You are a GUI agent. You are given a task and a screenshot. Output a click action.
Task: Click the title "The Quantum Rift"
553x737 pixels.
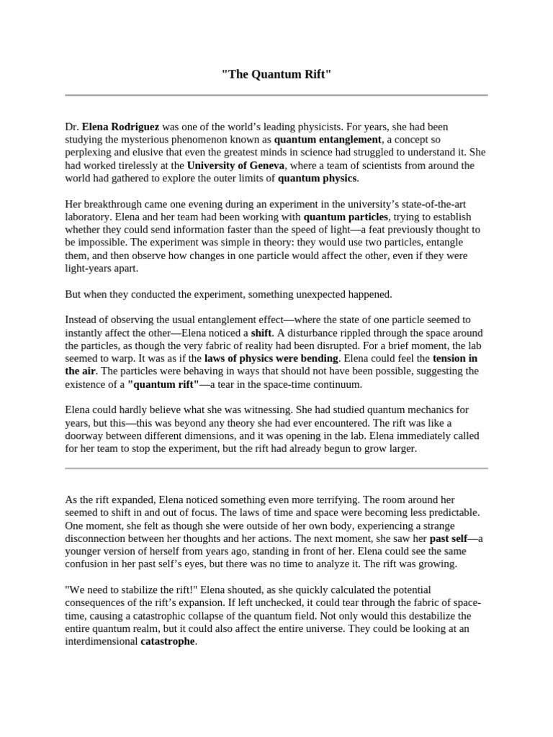click(x=276, y=76)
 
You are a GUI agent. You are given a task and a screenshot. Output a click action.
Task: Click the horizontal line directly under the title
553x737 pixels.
click(x=276, y=95)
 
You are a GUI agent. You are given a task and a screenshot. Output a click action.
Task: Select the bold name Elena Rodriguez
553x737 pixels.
click(x=120, y=127)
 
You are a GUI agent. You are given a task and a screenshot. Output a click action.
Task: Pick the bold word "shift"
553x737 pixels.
click(x=261, y=334)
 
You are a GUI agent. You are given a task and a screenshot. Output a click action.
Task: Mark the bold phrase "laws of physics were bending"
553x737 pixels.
click(x=271, y=359)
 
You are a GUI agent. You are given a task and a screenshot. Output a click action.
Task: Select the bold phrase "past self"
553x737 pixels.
click(x=449, y=538)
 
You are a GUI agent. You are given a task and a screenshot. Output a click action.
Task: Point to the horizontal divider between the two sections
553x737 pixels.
click(x=276, y=469)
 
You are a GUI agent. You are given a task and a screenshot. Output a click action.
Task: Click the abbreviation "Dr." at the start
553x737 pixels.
click(x=72, y=127)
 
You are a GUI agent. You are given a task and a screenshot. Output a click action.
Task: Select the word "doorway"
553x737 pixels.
click(x=85, y=436)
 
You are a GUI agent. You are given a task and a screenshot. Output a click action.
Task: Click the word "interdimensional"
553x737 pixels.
click(x=101, y=642)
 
